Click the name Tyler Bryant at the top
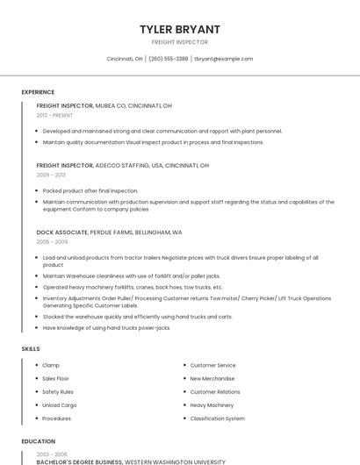(180, 29)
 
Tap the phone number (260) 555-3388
(169, 59)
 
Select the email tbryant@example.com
(223, 59)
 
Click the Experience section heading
(38, 92)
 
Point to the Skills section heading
(31, 349)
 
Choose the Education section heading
(38, 441)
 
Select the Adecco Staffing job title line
(122, 165)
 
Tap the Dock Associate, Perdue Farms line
(109, 232)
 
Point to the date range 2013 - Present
(54, 115)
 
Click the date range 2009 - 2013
(51, 175)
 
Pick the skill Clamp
(51, 365)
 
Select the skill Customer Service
(212, 365)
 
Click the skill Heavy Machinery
(212, 405)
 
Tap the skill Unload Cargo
(60, 405)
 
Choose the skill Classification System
(218, 418)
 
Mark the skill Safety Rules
(58, 391)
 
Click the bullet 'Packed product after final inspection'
(90, 190)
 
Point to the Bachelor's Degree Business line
(131, 461)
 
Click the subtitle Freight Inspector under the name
(180, 42)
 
